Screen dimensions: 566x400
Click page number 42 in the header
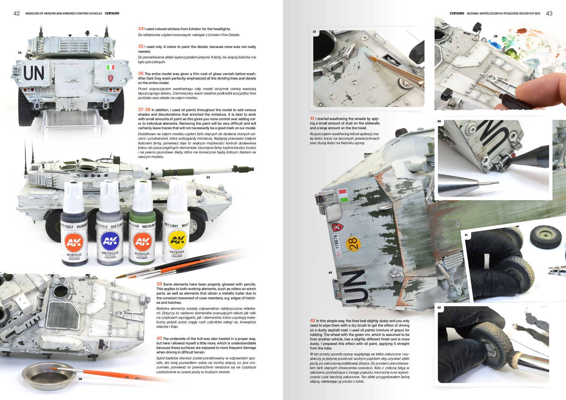[17, 14]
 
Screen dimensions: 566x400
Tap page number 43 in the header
[549, 14]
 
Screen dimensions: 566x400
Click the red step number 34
[141, 29]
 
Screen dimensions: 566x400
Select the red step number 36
[141, 74]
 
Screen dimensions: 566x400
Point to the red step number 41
[312, 118]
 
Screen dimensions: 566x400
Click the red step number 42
[312, 320]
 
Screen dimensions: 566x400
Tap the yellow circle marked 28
[353, 244]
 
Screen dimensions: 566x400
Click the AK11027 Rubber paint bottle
[74, 224]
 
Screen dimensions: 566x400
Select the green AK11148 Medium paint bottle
[142, 222]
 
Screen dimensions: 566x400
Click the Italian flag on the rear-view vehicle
[111, 67]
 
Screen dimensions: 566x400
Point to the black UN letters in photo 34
[34, 73]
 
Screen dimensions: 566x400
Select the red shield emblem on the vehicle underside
[337, 227]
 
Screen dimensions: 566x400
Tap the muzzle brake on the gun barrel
[243, 169]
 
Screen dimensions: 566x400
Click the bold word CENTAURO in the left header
[112, 14]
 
